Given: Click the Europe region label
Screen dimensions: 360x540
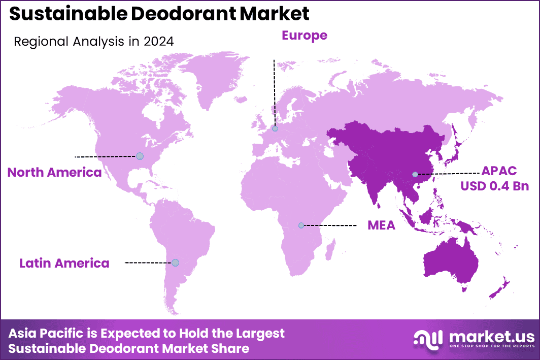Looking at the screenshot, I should pos(305,35).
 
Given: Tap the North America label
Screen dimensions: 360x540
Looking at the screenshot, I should pos(54,173).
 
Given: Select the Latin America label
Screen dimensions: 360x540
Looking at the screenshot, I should pos(64,263).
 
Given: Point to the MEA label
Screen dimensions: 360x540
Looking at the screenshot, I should pos(381,225).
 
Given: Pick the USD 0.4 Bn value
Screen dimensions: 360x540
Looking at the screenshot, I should pos(494,186).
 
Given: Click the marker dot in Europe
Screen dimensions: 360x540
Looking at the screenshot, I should pos(275,129).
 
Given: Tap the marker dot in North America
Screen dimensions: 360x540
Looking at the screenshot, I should pos(140,156).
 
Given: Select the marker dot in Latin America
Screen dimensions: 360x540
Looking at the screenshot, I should pos(175,263).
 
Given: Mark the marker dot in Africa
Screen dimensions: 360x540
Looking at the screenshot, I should pos(301,225).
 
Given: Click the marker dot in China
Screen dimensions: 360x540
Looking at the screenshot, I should pos(415,175).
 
